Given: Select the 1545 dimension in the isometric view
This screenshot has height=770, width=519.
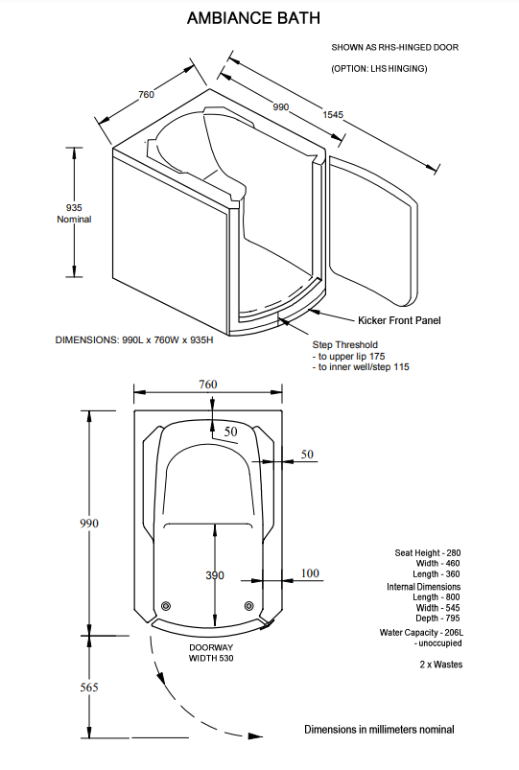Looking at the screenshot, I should coord(333,115).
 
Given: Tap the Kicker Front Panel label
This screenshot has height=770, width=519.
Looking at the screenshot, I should coord(399,319).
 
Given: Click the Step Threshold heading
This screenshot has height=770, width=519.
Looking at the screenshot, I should coord(345,344).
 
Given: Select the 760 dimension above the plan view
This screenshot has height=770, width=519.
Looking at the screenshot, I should coord(208,385).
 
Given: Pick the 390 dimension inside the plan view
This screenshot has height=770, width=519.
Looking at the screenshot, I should coord(215,575).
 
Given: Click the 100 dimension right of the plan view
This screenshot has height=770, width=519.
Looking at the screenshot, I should coord(310,573).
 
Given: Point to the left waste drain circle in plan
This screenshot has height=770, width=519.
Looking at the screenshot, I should coord(166,605).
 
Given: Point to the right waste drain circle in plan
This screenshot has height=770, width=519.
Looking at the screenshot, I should coord(249,605).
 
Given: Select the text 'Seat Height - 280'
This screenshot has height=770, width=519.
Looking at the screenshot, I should coord(427,553).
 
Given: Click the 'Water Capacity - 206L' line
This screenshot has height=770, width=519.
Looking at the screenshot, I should coord(420,633).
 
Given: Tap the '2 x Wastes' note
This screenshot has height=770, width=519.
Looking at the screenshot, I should coord(439,664).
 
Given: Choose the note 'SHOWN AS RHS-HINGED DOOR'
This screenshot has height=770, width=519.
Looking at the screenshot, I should coord(381,47).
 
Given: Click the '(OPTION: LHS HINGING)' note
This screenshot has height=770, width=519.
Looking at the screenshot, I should coord(379,69).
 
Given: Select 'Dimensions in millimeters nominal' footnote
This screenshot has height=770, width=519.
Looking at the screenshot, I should coord(379,730).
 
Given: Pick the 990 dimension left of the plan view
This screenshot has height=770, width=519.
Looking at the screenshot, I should coord(87,524).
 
